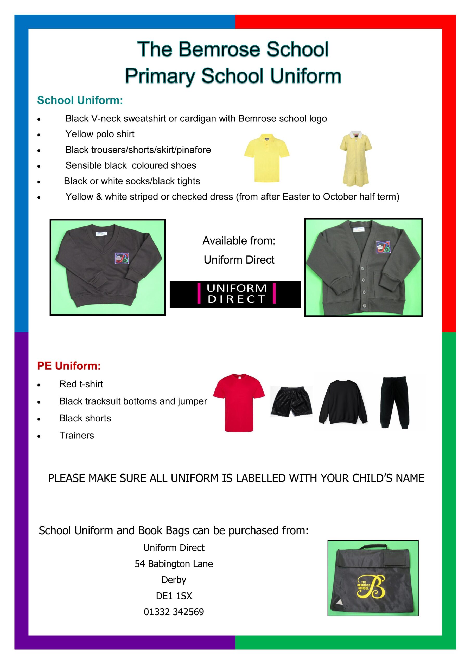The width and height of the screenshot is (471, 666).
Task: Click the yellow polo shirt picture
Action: [266, 158]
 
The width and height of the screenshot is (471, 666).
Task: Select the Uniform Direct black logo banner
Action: [235, 294]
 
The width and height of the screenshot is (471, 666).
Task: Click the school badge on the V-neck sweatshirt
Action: [122, 258]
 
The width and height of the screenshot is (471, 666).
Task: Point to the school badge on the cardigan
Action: [383, 247]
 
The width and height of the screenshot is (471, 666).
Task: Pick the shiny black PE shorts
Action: [291, 401]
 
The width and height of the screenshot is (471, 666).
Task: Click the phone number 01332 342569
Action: [174, 612]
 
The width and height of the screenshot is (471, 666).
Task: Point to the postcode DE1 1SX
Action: [174, 596]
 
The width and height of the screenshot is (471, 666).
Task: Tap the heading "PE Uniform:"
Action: [69, 366]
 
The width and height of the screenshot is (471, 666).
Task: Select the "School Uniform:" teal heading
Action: [80, 100]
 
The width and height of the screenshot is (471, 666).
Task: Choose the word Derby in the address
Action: [174, 580]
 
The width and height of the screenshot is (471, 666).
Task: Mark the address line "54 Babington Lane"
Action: [174, 563]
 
